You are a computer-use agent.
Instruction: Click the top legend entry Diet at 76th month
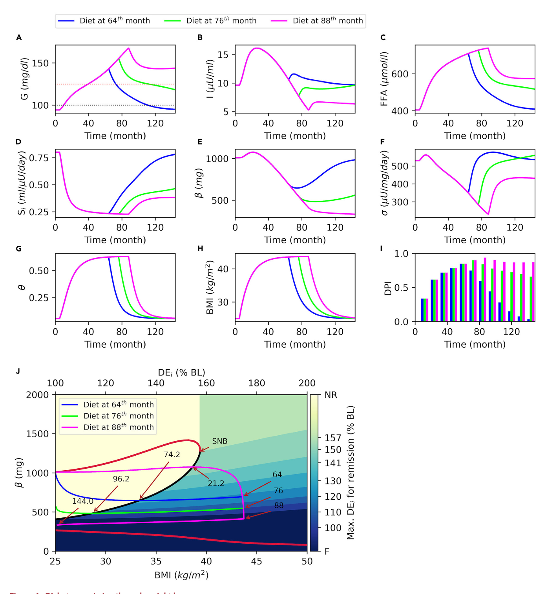pos(221,21)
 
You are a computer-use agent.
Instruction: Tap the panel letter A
pos(19,38)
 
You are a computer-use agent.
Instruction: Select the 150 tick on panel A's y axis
pos(40,63)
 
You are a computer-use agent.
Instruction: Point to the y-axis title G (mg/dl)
pos(24,79)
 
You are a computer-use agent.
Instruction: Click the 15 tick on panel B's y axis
pos(223,55)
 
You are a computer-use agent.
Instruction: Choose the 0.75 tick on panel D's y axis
pos(39,158)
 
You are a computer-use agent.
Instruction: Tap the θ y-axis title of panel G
pos(22,288)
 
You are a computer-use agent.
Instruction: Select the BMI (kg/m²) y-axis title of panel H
pos(210,287)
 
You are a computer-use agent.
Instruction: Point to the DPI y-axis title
pos(388,288)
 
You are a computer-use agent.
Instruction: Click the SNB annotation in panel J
pos(220,441)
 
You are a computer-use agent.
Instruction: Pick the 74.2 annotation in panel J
pos(172,455)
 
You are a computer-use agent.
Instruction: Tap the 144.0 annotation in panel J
pos(83,501)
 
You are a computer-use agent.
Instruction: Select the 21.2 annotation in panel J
pos(216,483)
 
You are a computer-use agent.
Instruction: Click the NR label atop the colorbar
pos(331,395)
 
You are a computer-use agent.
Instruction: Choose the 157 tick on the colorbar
pos(333,438)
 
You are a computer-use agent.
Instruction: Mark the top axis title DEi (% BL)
pos(181,372)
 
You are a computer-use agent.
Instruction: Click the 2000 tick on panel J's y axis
pos(38,395)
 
